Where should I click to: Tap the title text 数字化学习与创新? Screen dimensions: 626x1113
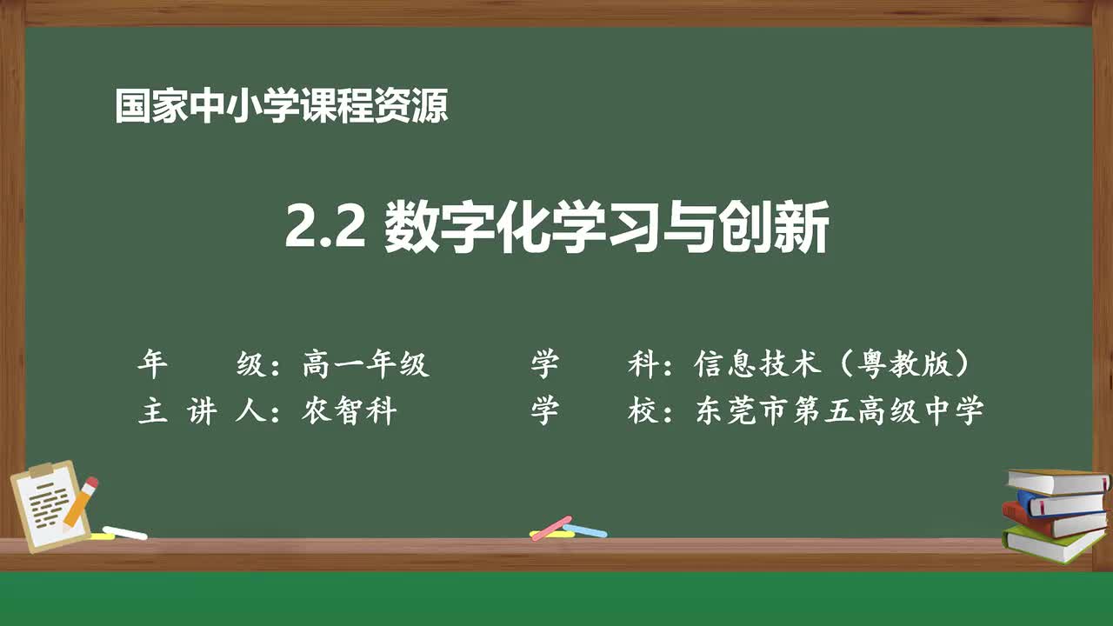pyautogui.click(x=606, y=228)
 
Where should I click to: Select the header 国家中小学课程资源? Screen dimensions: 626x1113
pyautogui.click(x=282, y=107)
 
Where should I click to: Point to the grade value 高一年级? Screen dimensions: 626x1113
pyautogui.click(x=366, y=364)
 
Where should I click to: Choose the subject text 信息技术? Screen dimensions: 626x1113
pyautogui.click(x=757, y=364)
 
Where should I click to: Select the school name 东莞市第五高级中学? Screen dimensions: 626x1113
pyautogui.click(x=839, y=411)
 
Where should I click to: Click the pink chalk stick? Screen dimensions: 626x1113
pyautogui.click(x=551, y=528)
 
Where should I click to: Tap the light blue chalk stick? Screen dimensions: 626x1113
pyautogui.click(x=585, y=529)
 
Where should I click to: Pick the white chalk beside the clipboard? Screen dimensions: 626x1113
pyautogui.click(x=124, y=532)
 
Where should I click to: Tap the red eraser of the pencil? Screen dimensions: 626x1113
pyautogui.click(x=90, y=483)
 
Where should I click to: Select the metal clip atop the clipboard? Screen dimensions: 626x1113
pyautogui.click(x=41, y=470)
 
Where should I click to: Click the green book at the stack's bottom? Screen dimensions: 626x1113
pyautogui.click(x=1052, y=542)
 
